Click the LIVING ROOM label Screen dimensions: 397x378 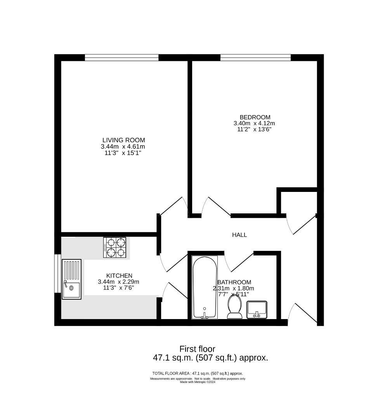[123, 140]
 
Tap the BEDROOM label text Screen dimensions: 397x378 [255, 117]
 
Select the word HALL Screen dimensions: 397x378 [239, 235]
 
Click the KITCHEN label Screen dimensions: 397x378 [119, 276]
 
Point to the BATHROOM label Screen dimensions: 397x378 [234, 282]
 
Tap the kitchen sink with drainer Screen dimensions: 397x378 [72, 280]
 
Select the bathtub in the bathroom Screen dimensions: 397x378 [205, 287]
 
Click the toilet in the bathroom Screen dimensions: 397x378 [234, 307]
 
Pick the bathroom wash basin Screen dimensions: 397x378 [257, 309]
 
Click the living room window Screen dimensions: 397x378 [122, 58]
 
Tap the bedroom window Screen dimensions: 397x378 [255, 58]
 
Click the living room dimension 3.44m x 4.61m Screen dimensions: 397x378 [123, 147]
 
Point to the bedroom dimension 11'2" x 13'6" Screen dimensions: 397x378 [254, 129]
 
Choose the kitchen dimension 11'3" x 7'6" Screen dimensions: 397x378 [118, 288]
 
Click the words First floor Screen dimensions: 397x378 [197, 349]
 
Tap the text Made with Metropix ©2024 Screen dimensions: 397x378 [197, 382]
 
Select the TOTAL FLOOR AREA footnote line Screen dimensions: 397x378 [197, 373]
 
